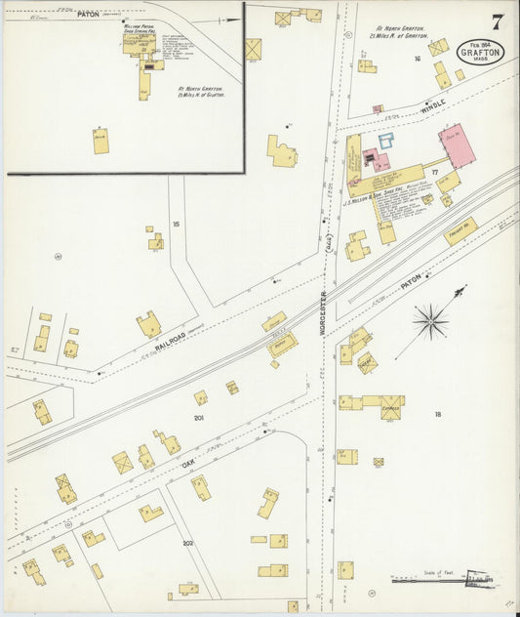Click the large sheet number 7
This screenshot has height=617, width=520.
tap(498, 21)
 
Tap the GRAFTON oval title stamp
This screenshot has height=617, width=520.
tap(481, 52)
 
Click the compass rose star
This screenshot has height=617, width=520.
tap(431, 319)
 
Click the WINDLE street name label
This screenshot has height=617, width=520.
tap(432, 103)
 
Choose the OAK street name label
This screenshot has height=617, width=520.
tap(187, 467)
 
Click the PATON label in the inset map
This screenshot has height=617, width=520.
tap(89, 14)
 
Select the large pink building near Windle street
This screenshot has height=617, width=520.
tap(457, 145)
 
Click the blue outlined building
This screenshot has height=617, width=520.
tap(386, 141)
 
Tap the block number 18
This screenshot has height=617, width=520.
tap(438, 414)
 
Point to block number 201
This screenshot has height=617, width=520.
tap(199, 419)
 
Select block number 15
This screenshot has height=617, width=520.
tap(176, 225)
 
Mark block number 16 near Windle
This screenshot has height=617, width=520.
tap(417, 60)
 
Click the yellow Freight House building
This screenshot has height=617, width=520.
tap(460, 230)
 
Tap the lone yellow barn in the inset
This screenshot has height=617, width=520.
tap(100, 141)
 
